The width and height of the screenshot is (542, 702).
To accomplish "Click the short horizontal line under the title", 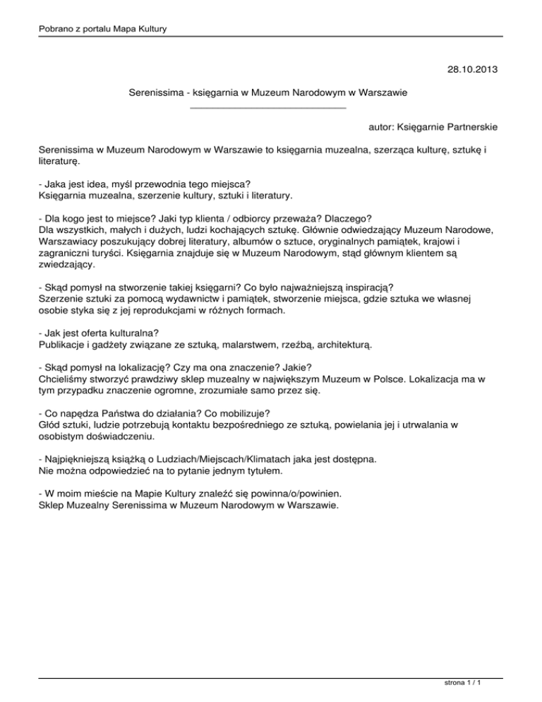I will point(268,108).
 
